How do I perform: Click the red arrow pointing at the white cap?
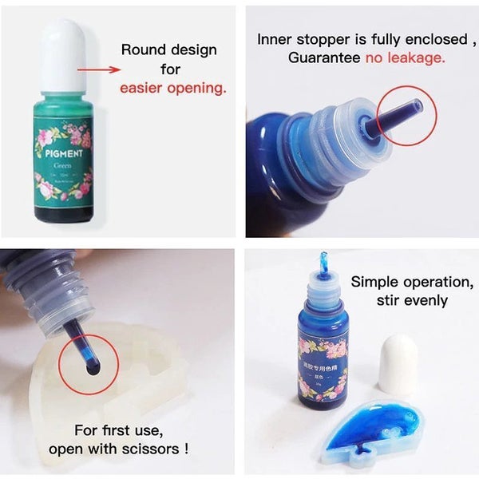(x=96, y=69)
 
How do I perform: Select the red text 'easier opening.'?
(x=173, y=87)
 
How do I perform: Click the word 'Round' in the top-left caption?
(x=141, y=49)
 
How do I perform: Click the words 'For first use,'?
(x=118, y=430)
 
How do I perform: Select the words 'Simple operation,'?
(x=412, y=282)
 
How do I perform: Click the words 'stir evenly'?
(x=412, y=301)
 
